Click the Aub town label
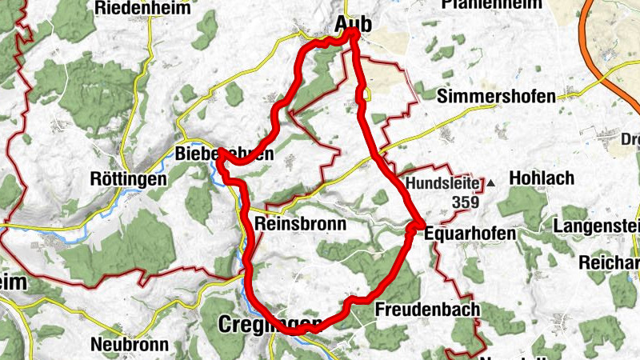point(351,25)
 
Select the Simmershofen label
point(497,97)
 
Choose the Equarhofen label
point(465,233)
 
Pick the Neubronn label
point(130,345)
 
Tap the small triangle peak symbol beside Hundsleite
point(491,184)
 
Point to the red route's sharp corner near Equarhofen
point(418,227)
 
